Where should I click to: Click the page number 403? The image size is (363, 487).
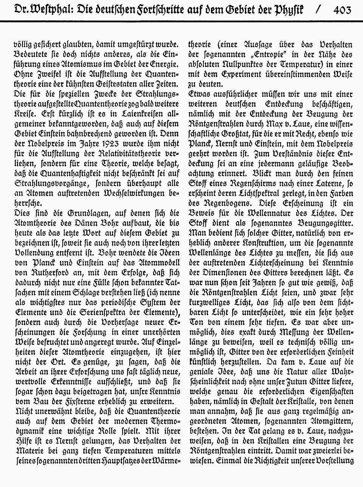343,10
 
